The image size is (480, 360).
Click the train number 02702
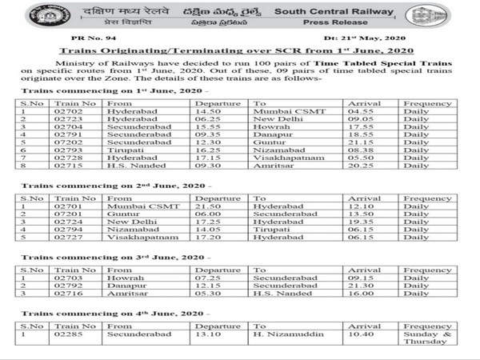[70, 113]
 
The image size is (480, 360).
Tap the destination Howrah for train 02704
[268, 130]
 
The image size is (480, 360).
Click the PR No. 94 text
[85, 38]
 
